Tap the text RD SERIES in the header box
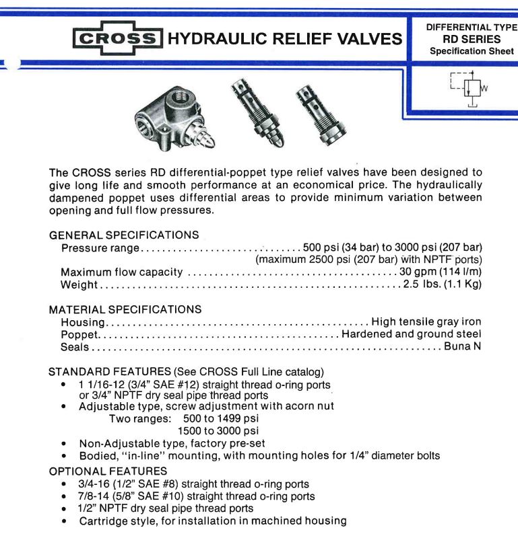click(471, 39)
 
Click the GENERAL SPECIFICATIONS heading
click(124, 235)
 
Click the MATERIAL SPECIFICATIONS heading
click(125, 310)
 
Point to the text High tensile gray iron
click(426, 322)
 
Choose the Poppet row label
click(80, 335)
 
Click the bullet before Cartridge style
click(63, 521)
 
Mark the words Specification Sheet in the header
click(472, 51)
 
